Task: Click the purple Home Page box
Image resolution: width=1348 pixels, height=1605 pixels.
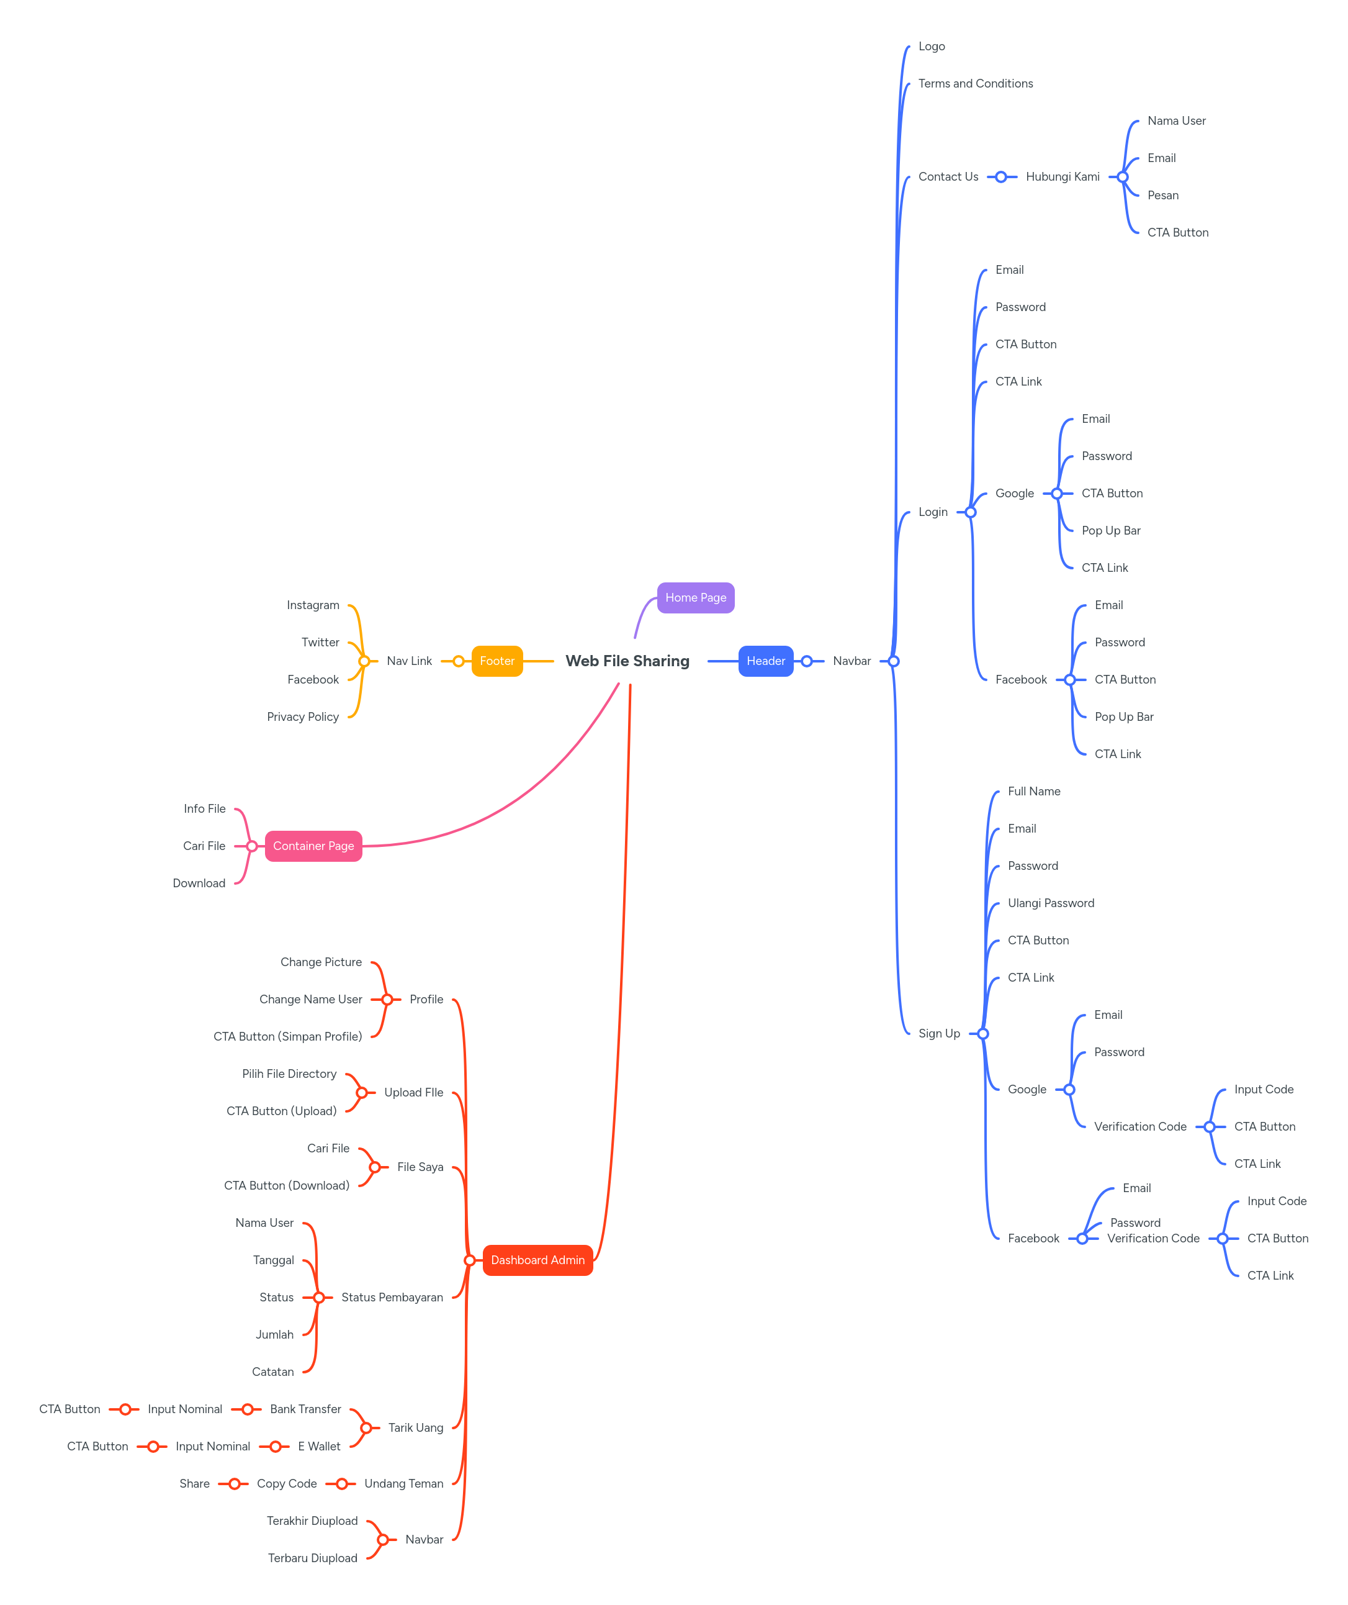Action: (695, 598)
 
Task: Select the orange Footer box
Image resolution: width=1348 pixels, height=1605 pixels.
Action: (497, 661)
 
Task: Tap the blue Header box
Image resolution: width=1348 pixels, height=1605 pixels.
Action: (766, 661)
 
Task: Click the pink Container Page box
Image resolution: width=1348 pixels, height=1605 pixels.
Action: (313, 846)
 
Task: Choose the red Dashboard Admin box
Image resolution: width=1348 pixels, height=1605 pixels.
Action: (537, 1260)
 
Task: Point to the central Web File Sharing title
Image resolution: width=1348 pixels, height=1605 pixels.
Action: (627, 661)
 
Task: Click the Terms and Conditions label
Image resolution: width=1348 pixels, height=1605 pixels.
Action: (975, 83)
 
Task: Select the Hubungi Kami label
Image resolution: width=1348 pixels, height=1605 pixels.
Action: (1062, 176)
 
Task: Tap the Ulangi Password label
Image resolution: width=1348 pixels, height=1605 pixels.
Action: (1051, 903)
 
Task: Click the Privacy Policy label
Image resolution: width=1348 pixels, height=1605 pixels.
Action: (303, 717)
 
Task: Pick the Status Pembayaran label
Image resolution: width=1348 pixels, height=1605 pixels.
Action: (392, 1298)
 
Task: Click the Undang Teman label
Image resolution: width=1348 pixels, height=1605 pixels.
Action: (403, 1483)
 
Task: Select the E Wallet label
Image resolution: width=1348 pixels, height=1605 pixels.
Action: (320, 1447)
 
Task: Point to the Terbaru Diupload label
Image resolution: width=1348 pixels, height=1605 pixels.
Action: (313, 1558)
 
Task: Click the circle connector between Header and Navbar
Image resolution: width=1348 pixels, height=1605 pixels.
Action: (806, 661)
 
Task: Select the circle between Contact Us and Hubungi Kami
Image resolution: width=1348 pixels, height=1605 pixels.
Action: (1001, 176)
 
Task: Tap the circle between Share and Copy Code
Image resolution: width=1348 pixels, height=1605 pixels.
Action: (235, 1483)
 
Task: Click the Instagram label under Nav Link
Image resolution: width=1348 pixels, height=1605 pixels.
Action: (313, 605)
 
